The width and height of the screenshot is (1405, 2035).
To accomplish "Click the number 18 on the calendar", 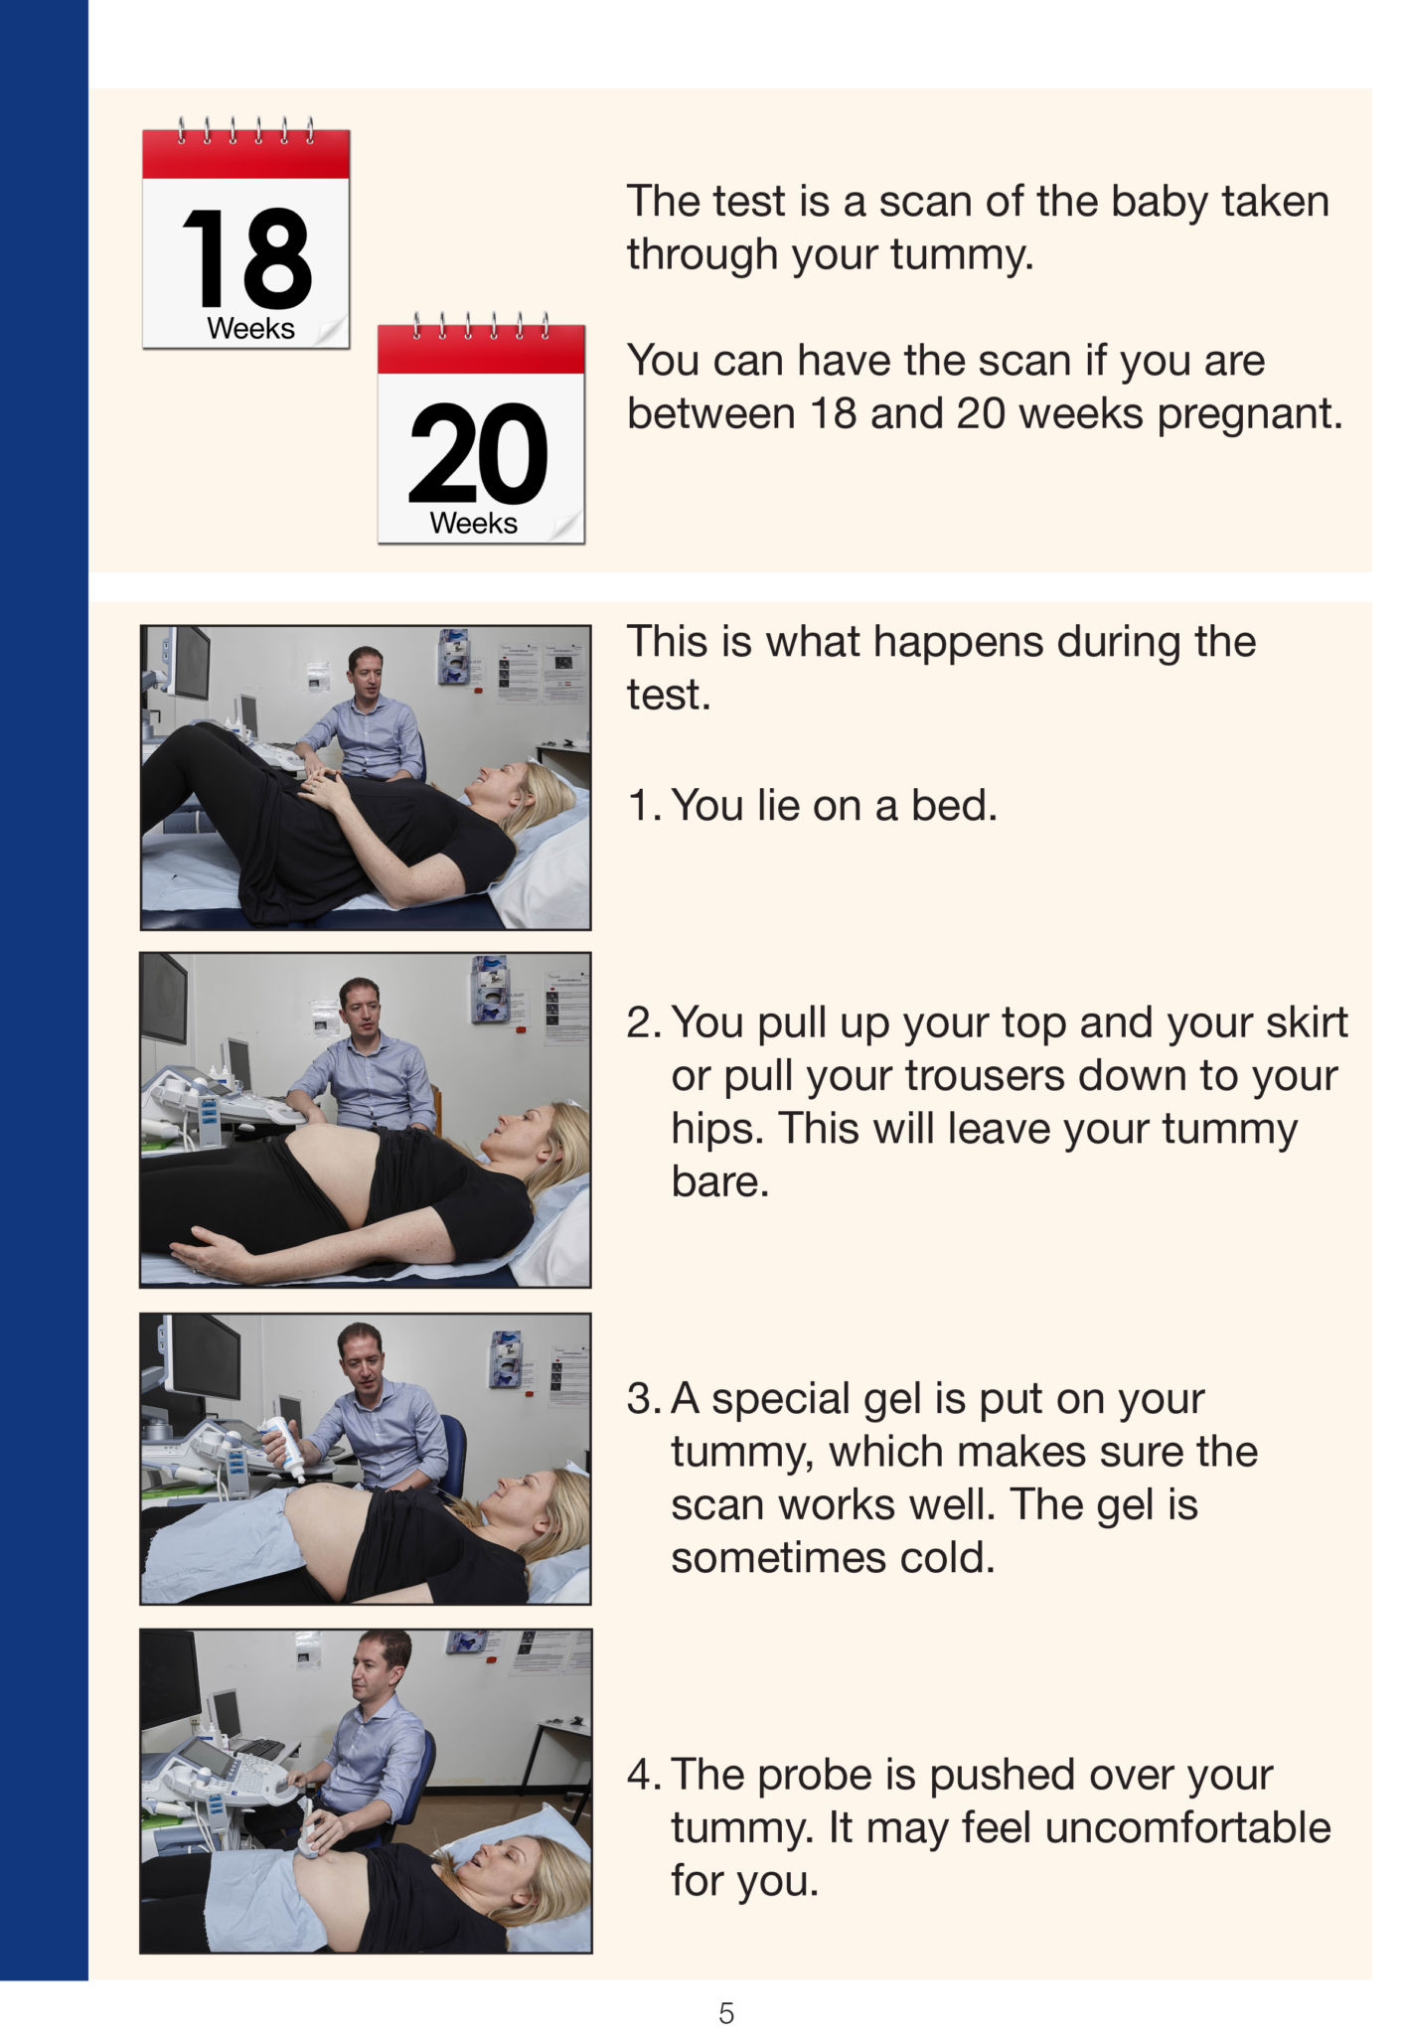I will click(246, 259).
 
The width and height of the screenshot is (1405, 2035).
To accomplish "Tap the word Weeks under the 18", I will click(250, 329).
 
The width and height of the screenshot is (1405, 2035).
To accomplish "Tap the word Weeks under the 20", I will click(473, 524).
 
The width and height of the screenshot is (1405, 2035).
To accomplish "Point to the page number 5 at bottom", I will click(726, 2014).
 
